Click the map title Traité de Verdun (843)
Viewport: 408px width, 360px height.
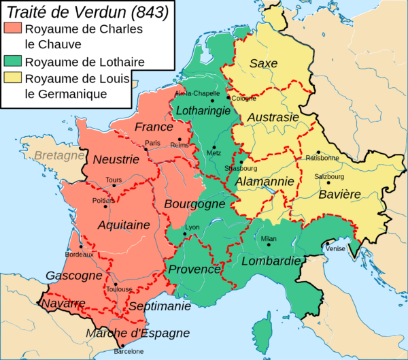(86, 12)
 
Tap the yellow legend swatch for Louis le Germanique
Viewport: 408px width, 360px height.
(12, 78)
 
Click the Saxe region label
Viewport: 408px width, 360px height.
(263, 63)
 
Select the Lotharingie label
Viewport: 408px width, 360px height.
(205, 110)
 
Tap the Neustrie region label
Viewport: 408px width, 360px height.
(116, 160)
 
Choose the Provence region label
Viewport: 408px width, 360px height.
(194, 269)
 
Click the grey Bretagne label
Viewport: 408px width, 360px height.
(58, 156)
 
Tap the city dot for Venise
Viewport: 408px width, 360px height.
(327, 244)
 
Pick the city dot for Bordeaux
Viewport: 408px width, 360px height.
(81, 247)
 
